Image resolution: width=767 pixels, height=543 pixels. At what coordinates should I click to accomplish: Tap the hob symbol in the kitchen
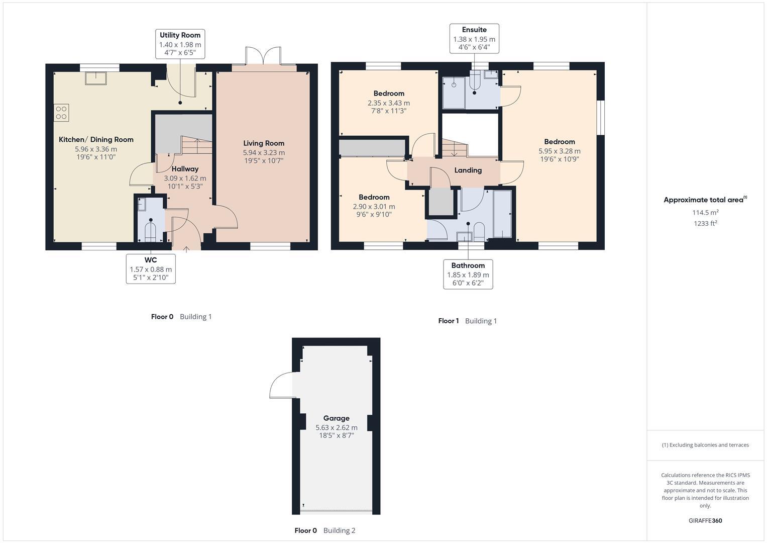tap(61, 113)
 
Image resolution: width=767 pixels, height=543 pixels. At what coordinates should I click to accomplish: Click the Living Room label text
tap(264, 143)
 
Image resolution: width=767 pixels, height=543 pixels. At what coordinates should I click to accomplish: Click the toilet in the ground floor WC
tap(151, 231)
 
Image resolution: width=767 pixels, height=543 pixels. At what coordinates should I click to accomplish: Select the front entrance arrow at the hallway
tap(186, 247)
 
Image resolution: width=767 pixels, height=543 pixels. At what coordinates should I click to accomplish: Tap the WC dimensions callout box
tap(151, 269)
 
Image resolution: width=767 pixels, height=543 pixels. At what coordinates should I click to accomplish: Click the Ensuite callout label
tap(474, 38)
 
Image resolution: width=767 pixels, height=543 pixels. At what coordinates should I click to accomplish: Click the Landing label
tap(468, 170)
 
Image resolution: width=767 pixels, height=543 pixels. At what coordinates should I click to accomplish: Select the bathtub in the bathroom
tap(502, 214)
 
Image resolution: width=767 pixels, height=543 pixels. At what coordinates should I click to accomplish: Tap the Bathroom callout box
tap(468, 274)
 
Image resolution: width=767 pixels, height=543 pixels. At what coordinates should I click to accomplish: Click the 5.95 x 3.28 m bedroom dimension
tap(560, 151)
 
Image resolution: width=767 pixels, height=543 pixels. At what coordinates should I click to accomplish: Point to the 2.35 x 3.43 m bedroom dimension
tap(389, 103)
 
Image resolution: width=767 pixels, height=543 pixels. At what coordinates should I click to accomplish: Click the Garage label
tap(336, 418)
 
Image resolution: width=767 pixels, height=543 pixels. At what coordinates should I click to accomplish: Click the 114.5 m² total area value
tap(705, 213)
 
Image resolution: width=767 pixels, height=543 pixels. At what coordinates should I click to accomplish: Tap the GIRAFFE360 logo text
tap(705, 520)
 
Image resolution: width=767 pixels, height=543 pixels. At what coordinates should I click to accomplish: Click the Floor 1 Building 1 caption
tap(467, 321)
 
